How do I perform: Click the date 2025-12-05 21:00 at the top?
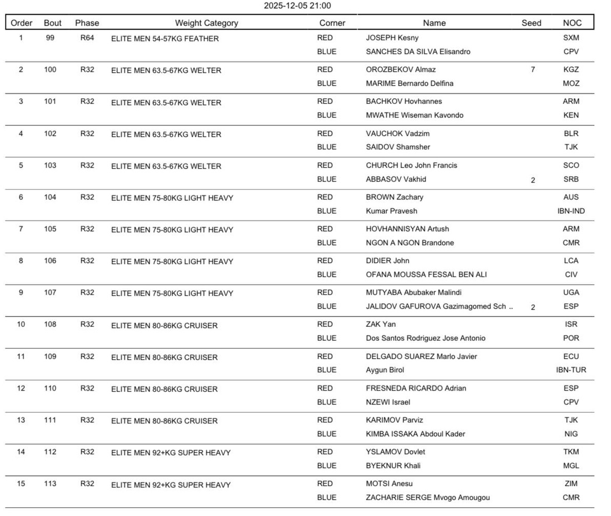(297, 6)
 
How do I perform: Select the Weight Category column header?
(207, 23)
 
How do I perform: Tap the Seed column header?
(531, 23)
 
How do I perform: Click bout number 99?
(50, 38)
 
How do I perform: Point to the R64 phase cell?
(87, 38)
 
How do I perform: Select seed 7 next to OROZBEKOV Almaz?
(533, 69)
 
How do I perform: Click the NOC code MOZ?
(571, 83)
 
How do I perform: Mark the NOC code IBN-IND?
(571, 211)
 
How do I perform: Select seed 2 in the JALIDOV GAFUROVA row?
(533, 307)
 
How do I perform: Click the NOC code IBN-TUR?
(571, 370)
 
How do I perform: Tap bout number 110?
(50, 388)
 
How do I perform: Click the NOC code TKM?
(571, 452)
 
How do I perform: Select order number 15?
(21, 484)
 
